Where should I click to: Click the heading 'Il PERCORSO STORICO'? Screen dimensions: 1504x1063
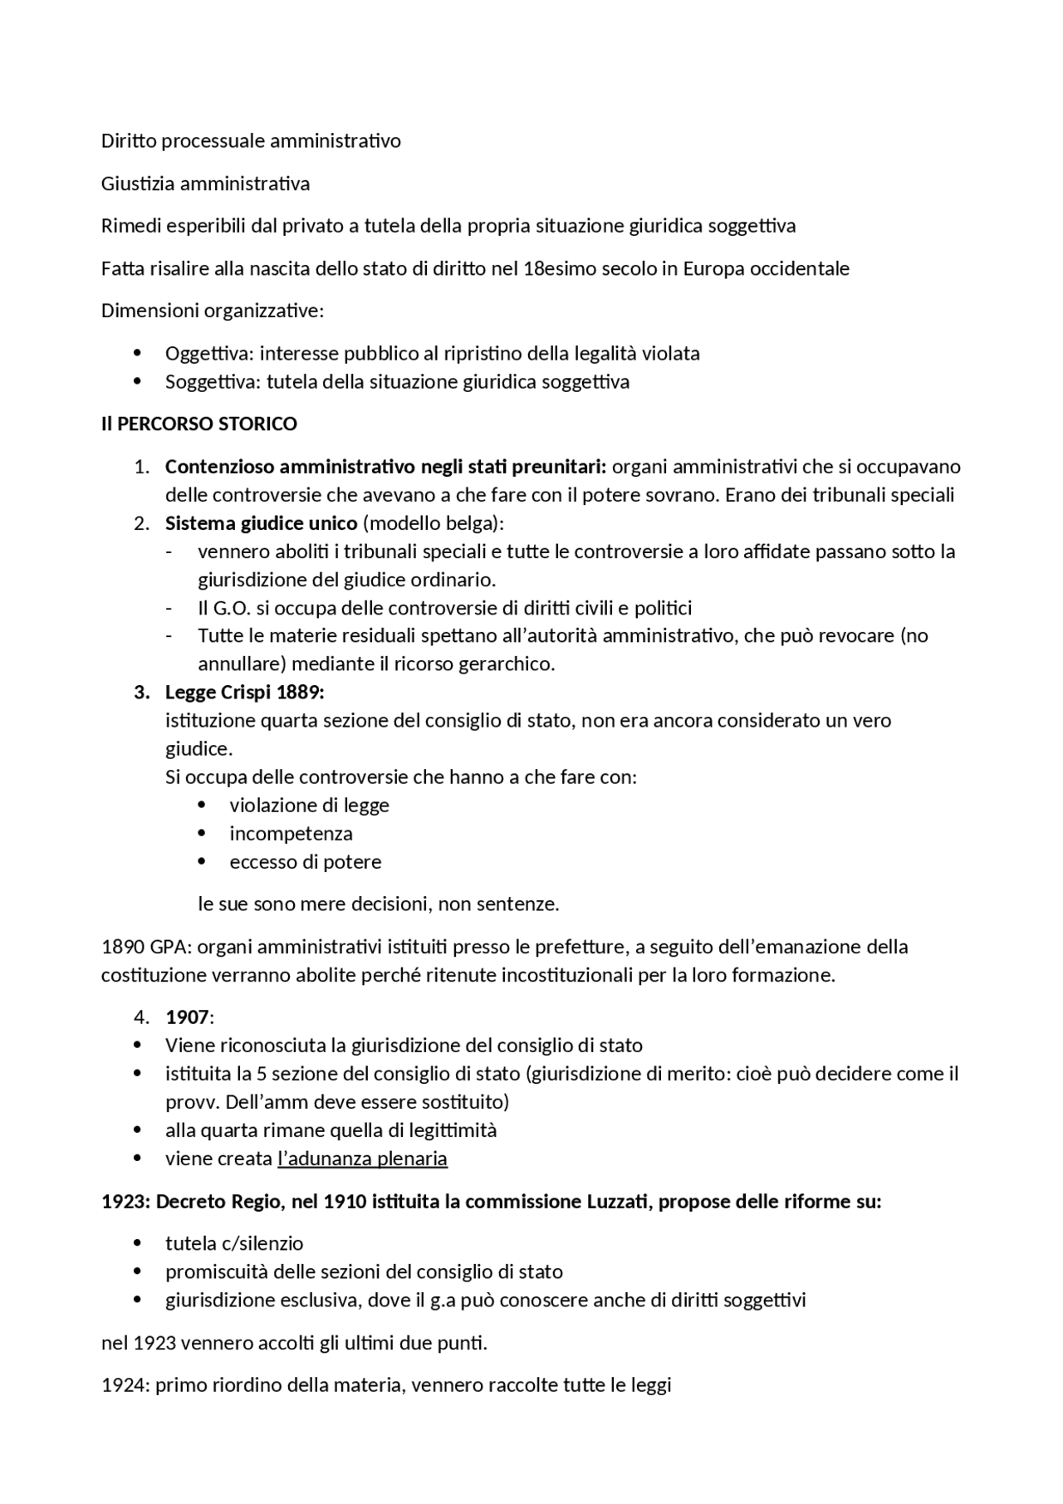coord(198,424)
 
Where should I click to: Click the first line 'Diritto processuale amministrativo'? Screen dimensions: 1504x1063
coord(251,140)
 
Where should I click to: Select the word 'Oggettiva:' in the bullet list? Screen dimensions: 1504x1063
coord(209,353)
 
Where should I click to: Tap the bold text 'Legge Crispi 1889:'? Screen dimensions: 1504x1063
coord(244,692)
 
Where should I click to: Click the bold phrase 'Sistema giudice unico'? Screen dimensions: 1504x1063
coord(261,523)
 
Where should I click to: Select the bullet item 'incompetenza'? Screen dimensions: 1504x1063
coord(291,833)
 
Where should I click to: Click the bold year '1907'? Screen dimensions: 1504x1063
coord(187,1017)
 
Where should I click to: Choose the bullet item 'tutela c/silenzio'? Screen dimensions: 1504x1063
coord(234,1243)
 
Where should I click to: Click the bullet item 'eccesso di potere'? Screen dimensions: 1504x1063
coord(305,861)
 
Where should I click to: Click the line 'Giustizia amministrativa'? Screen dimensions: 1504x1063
coord(205,183)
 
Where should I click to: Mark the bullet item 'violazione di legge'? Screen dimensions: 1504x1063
coord(309,805)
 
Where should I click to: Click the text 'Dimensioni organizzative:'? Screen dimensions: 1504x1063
coord(213,311)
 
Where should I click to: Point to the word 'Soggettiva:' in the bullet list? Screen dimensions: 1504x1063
coord(212,381)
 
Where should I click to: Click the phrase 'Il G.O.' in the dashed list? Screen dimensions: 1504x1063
coord(224,607)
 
